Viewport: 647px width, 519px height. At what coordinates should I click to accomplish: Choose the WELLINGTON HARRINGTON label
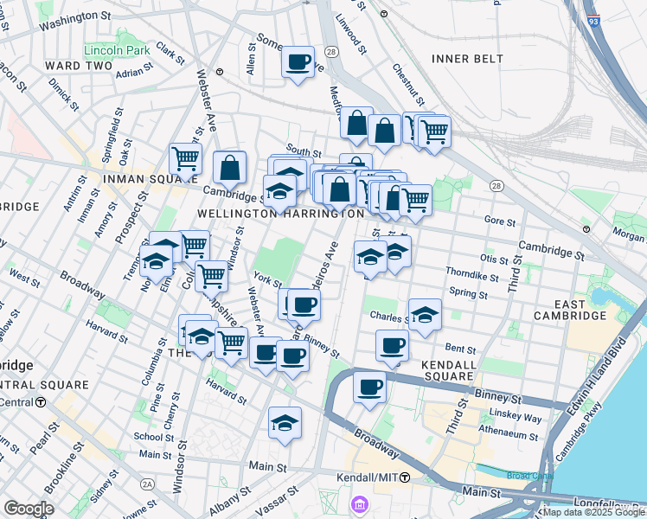pyautogui.click(x=280, y=213)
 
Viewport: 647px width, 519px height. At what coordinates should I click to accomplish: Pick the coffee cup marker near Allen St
pyautogui.click(x=298, y=62)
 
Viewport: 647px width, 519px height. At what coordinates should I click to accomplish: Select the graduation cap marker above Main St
pyautogui.click(x=285, y=424)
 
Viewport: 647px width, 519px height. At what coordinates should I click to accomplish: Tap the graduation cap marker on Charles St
pyautogui.click(x=425, y=316)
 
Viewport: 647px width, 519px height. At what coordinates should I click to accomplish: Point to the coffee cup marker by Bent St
pyautogui.click(x=392, y=346)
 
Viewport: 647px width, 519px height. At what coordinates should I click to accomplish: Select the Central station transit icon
pyautogui.click(x=40, y=402)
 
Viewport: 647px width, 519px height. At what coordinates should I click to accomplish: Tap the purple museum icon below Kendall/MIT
pyautogui.click(x=358, y=502)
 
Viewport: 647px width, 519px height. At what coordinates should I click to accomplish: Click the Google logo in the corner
pyautogui.click(x=29, y=509)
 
